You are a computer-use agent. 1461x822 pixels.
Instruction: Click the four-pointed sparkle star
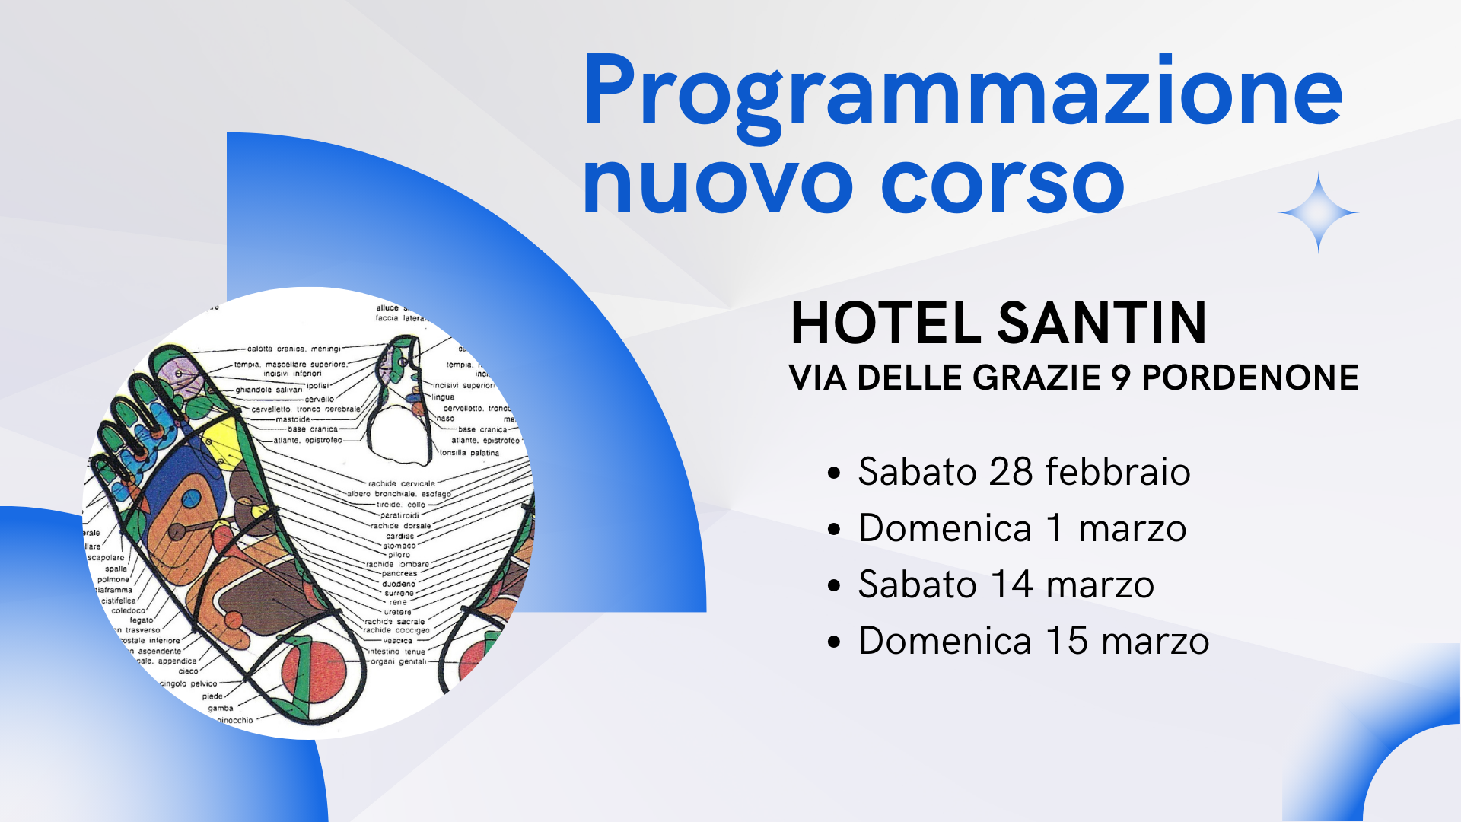coord(1318,213)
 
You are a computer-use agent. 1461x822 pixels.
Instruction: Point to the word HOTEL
coord(886,323)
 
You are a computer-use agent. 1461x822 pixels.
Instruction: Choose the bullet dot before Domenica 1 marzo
coord(835,529)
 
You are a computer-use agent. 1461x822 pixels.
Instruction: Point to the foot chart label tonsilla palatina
coord(469,453)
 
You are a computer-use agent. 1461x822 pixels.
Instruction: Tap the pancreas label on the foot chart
coord(399,574)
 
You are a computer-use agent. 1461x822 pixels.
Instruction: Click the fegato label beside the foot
coord(141,620)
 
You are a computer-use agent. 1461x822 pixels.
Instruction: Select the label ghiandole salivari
coord(269,390)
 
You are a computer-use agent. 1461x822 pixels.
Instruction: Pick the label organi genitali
coord(398,661)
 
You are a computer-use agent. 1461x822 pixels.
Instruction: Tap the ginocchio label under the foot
coord(235,720)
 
